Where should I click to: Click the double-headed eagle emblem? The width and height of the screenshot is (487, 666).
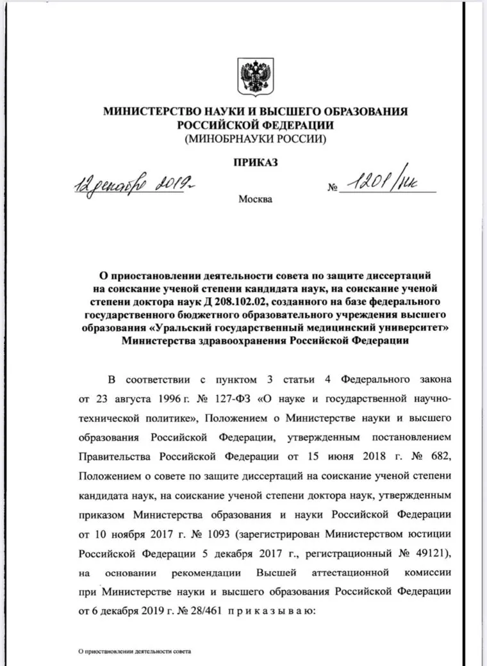[255, 76]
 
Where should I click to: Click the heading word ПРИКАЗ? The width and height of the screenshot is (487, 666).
[255, 163]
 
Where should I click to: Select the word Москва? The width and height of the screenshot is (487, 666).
[255, 199]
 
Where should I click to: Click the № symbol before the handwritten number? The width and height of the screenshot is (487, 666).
[332, 189]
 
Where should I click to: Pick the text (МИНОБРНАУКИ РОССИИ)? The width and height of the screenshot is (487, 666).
[255, 137]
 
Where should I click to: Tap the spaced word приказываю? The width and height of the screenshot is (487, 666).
[267, 610]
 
